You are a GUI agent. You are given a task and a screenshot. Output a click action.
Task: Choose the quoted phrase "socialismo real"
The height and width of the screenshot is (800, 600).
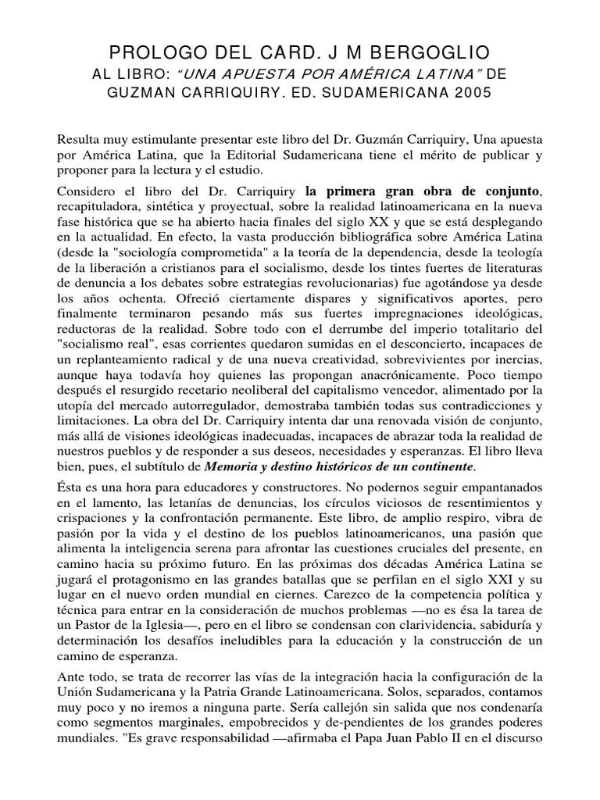tap(98, 370)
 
